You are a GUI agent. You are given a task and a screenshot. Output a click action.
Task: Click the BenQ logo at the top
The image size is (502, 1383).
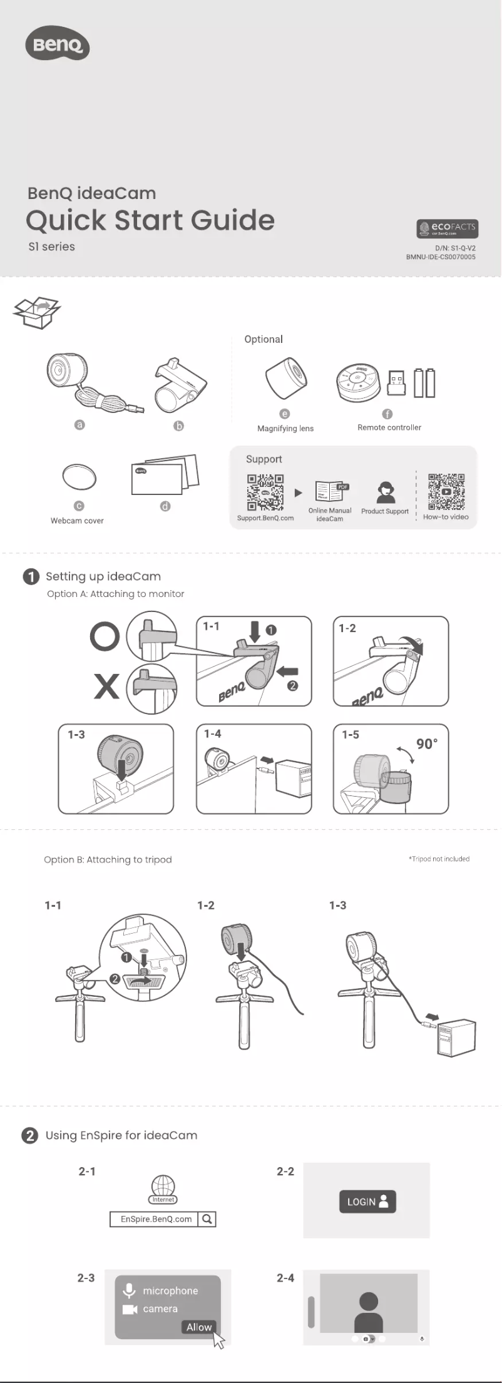(57, 44)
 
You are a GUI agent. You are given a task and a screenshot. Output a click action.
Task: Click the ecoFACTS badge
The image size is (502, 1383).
(447, 228)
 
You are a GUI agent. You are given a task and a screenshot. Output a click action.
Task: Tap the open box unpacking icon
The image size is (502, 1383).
(37, 312)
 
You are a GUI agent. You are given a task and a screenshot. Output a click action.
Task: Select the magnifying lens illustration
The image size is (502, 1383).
(286, 379)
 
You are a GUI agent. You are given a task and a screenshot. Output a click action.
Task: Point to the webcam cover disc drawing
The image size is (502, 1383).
(79, 477)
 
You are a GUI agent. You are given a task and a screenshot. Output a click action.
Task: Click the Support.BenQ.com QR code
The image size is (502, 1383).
(265, 492)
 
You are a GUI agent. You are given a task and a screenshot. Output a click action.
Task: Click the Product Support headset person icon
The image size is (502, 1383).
(386, 492)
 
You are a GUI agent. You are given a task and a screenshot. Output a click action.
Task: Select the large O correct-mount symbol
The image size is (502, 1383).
(105, 636)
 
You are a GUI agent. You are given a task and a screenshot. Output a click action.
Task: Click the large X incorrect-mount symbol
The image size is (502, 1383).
(106, 686)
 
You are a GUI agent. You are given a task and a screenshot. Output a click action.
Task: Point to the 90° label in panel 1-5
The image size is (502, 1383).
(427, 743)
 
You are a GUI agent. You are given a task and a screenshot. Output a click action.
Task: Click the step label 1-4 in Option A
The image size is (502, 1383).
(213, 733)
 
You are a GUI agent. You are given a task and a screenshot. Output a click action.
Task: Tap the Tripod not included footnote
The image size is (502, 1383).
(439, 859)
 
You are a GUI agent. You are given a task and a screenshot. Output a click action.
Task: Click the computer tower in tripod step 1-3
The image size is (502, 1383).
(456, 1037)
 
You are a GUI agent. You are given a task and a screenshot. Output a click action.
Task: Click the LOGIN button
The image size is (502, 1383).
(367, 1202)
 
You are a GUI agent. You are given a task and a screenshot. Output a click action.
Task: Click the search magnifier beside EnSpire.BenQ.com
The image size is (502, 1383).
(207, 1219)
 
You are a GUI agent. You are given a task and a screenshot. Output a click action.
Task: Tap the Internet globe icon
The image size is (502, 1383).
(163, 1187)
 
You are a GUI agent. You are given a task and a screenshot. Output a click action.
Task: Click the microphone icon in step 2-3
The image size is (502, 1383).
(129, 1290)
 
